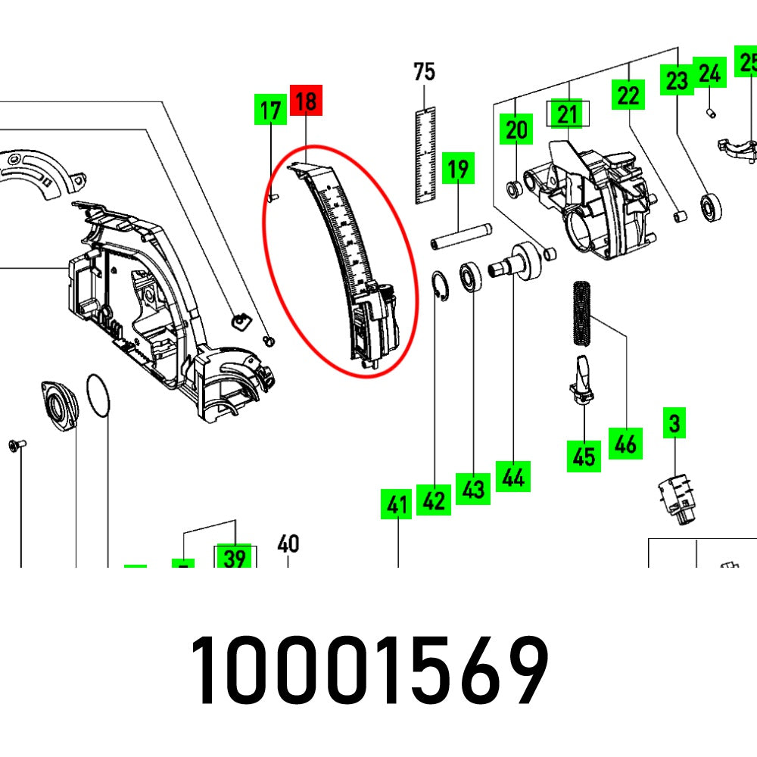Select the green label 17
270,111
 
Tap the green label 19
458,168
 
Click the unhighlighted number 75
425,72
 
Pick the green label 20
516,130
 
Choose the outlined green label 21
568,114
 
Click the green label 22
628,95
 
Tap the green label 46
625,443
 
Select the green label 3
674,424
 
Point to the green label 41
397,504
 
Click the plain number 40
288,544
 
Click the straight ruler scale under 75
427,155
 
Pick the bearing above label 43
473,277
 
